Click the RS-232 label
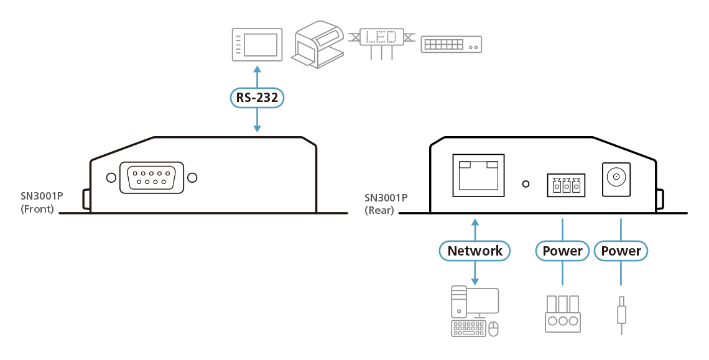tap(257, 97)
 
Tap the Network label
tap(475, 251)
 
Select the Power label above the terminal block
tap(562, 251)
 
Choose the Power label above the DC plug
tap(621, 251)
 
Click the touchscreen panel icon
tap(257, 44)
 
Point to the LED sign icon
tap(381, 38)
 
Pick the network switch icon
tap(451, 44)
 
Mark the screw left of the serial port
tap(111, 178)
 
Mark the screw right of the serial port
tap(193, 178)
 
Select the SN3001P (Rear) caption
tap(386, 204)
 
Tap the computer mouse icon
tap(494, 330)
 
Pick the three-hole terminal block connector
tap(562, 314)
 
